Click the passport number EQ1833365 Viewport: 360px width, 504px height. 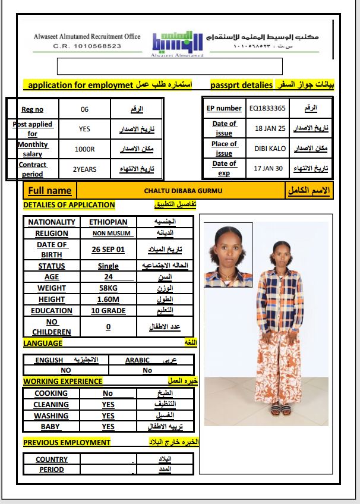pos(267,108)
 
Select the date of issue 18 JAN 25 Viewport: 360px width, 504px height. pos(270,128)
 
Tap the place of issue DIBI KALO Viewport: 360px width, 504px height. pos(270,149)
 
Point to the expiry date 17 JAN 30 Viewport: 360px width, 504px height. pos(269,168)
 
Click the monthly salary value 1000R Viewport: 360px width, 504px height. pos(84,149)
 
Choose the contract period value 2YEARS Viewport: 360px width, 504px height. pos(84,169)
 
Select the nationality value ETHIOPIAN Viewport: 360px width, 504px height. pos(108,222)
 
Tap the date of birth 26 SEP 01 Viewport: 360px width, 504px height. pos(108,250)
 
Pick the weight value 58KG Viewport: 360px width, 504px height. pos(108,288)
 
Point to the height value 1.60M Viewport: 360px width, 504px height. pos(108,300)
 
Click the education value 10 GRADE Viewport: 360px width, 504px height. pos(108,311)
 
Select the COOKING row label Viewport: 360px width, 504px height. pos(51,393)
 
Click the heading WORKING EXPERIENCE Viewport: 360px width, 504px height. pos(62,381)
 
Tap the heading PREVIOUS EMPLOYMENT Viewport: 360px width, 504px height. pos(67,442)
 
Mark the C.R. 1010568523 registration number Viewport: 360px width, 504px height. pos(87,46)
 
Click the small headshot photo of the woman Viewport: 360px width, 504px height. pos(229,254)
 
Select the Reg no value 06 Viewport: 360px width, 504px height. pos(84,109)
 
